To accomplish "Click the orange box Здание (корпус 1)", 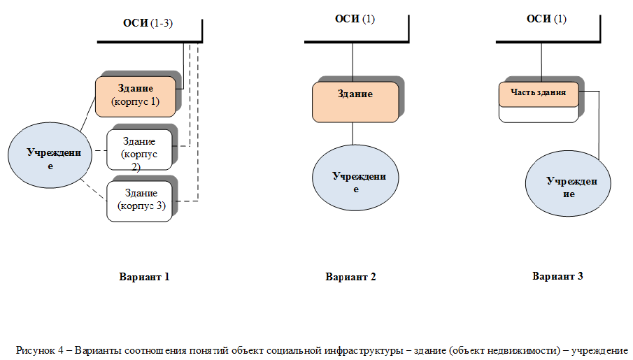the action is click(x=136, y=97).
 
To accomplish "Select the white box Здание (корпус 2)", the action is click(x=139, y=150).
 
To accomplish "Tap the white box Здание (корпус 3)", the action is click(x=139, y=201).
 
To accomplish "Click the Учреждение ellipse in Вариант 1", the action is click(x=50, y=155).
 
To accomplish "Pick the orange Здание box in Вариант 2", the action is click(x=355, y=102).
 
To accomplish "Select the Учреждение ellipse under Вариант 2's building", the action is click(x=355, y=178).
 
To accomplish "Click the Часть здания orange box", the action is click(x=539, y=94).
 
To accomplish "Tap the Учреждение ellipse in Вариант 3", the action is click(x=568, y=184).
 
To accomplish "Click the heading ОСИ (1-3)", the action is click(x=148, y=23).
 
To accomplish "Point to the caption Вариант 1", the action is click(x=144, y=277).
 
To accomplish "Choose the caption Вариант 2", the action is click(x=350, y=277).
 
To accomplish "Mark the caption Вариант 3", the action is click(x=557, y=276).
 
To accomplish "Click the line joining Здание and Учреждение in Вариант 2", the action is click(x=353, y=134).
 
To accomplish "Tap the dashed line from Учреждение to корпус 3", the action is click(x=94, y=189).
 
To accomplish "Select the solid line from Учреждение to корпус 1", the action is click(x=88, y=114).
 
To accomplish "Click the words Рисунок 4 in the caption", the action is click(x=40, y=350).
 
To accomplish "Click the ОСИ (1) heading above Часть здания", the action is click(x=546, y=19).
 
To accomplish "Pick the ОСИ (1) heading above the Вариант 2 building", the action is click(x=355, y=19).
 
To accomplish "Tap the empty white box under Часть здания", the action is click(x=539, y=115).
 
